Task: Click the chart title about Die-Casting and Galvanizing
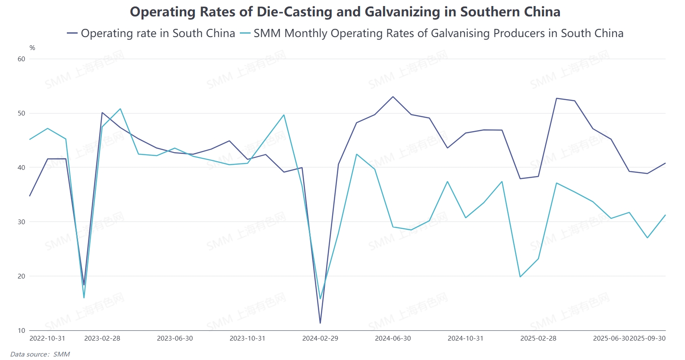point(345,12)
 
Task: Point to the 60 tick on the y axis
point(22,59)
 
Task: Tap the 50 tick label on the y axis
point(22,113)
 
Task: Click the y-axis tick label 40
point(22,168)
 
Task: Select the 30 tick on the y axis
point(22,222)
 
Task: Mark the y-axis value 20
point(22,276)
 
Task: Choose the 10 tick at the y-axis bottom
point(22,331)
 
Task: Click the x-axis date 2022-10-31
point(47,338)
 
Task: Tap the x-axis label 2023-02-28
point(102,338)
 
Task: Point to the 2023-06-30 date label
point(175,338)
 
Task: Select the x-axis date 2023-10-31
point(247,338)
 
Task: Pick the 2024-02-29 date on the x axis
point(320,338)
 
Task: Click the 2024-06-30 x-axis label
point(393,338)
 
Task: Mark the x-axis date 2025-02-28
point(538,338)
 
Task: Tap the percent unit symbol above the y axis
point(32,48)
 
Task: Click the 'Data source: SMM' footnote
point(40,354)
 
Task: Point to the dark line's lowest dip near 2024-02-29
point(320,323)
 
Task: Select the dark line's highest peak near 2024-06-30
point(393,97)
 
